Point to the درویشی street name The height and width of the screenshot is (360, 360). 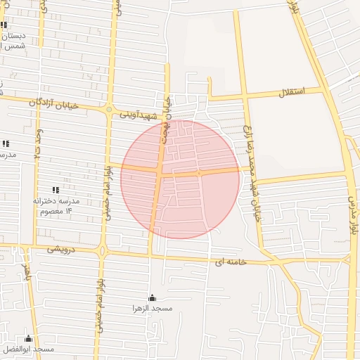61,249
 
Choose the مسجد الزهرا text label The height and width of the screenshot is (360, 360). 153,308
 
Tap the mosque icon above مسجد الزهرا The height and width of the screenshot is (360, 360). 153,297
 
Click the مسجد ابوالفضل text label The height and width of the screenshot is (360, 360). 27,349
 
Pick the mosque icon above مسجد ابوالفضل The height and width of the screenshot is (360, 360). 28,338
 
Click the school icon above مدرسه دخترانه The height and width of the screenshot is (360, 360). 56,190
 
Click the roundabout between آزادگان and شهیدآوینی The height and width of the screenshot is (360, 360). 109,110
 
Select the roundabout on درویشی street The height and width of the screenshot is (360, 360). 103,250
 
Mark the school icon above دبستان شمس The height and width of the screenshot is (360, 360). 6,25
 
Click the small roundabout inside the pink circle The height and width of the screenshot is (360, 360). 200,172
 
